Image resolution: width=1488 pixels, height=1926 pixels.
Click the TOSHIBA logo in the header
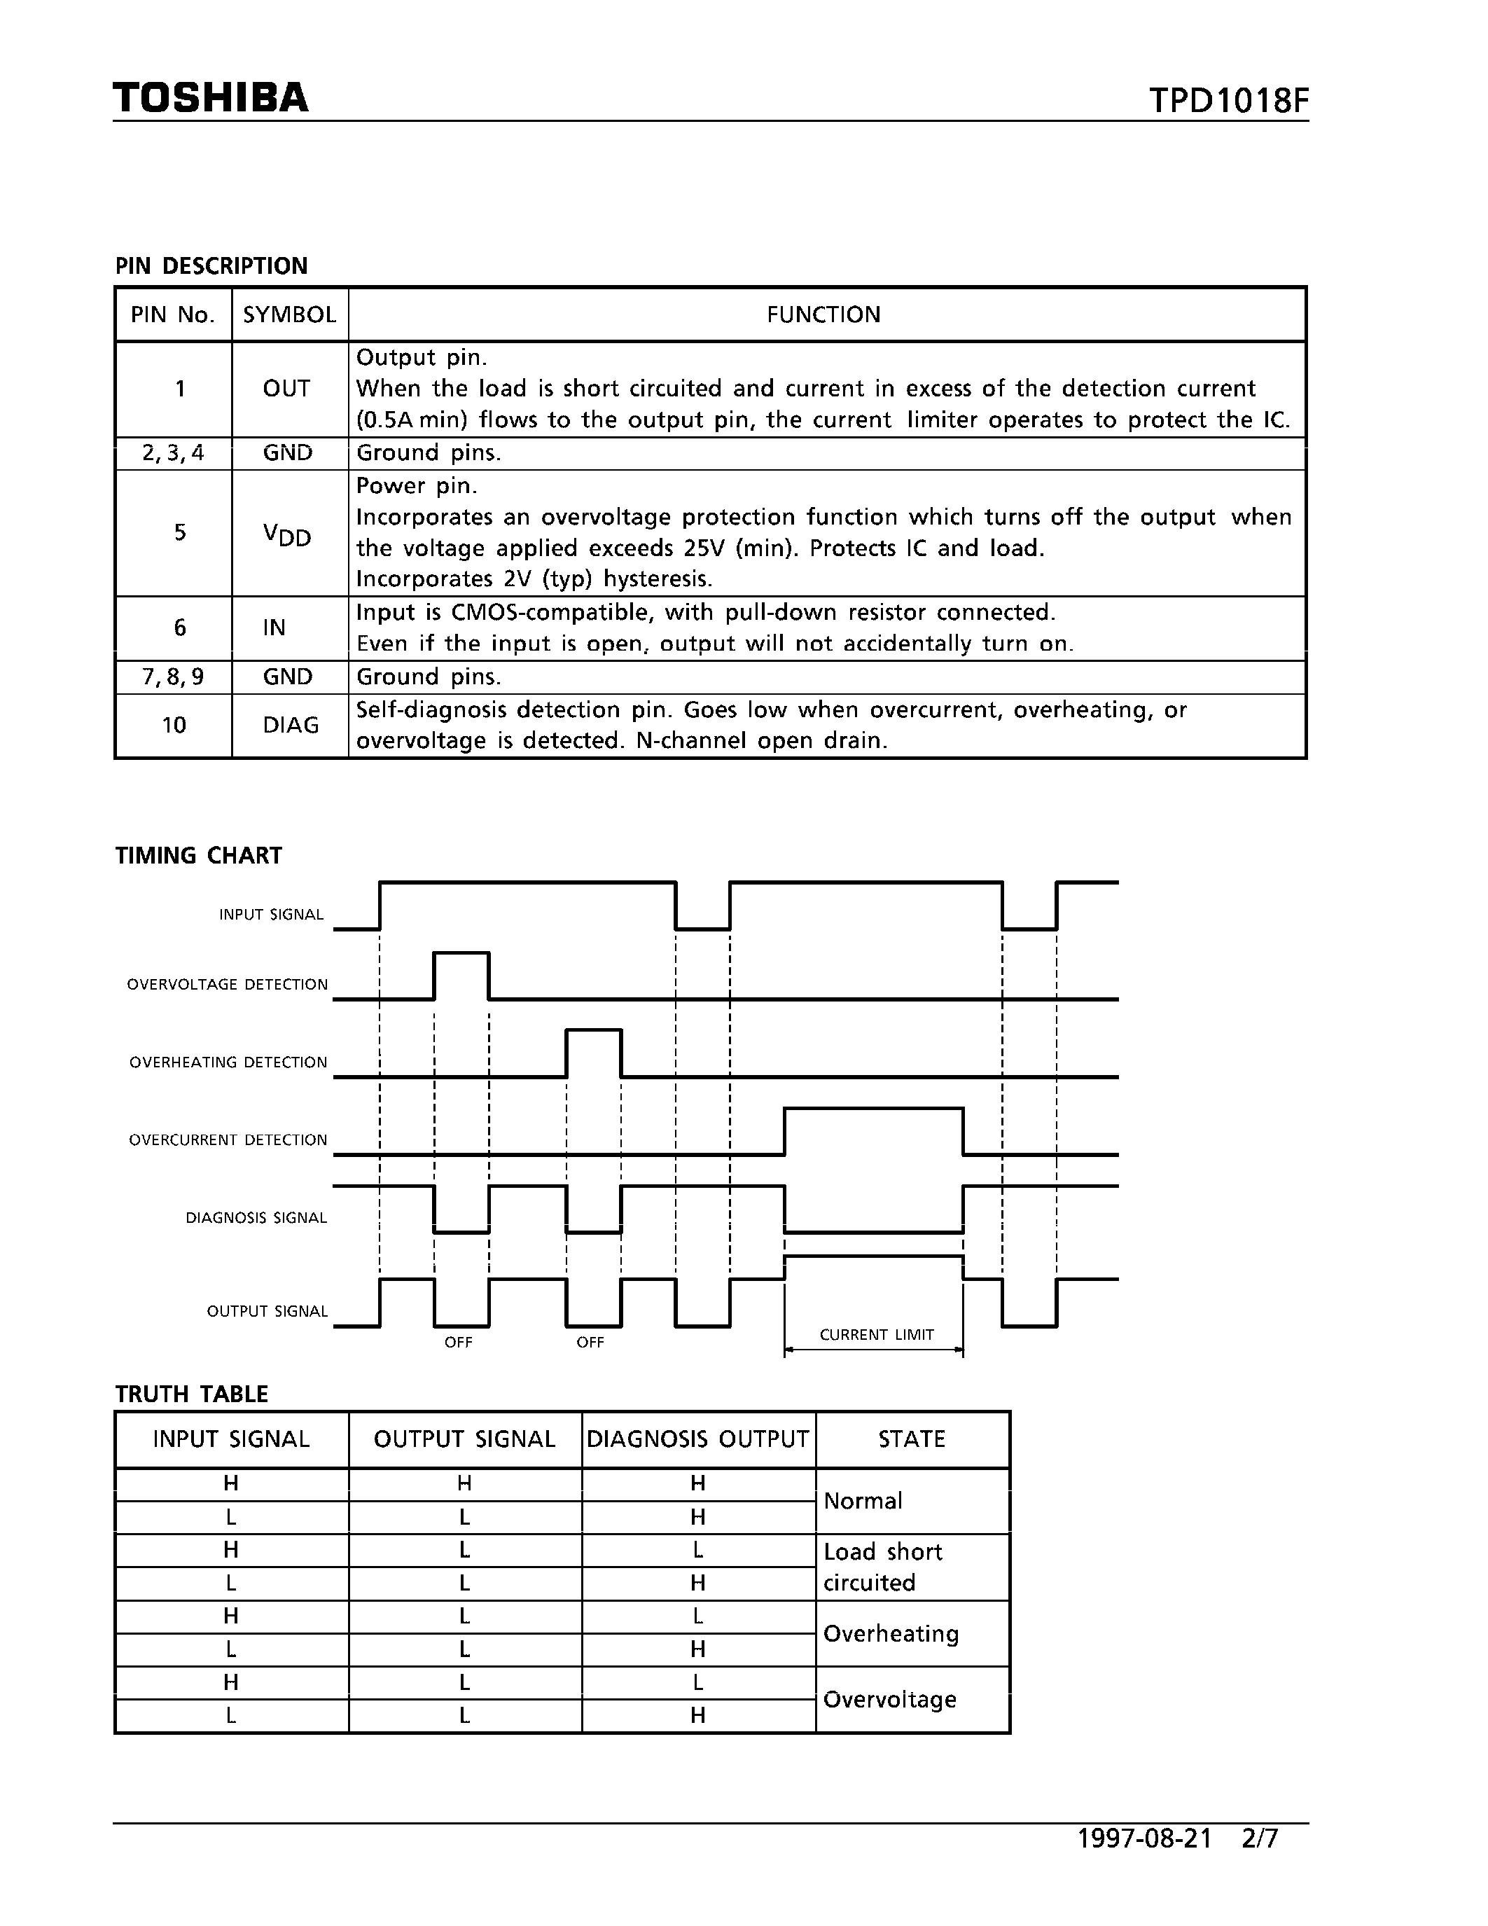point(211,98)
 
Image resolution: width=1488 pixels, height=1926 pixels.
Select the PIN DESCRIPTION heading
point(211,265)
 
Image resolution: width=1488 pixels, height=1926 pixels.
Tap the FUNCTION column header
point(823,315)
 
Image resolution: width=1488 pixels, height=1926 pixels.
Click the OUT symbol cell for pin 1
point(286,389)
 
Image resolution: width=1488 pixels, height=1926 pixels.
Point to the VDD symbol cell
point(287,534)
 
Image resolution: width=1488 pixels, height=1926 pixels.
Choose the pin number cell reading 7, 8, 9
point(173,677)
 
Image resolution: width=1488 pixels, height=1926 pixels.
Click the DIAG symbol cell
point(290,725)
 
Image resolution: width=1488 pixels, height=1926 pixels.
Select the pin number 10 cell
point(174,725)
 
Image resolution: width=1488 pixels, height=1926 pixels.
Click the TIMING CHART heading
point(198,855)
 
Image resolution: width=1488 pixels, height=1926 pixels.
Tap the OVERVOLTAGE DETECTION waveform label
point(228,984)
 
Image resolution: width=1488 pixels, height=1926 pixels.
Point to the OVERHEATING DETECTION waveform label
point(228,1062)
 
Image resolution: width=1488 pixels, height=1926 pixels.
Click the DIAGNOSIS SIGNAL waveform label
point(256,1218)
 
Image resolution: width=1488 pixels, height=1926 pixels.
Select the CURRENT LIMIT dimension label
point(876,1334)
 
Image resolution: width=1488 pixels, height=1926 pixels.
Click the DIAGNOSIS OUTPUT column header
point(697,1439)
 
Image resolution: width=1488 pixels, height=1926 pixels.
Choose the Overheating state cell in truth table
point(890,1633)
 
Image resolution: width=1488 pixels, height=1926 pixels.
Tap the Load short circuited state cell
point(882,1567)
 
